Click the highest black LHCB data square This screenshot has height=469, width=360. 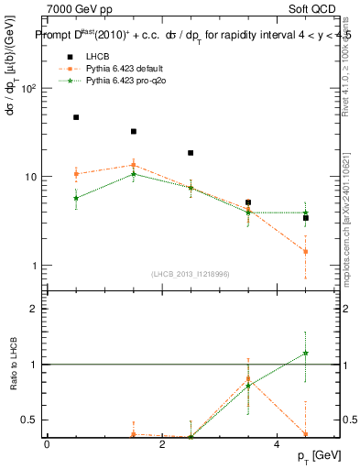[76, 117]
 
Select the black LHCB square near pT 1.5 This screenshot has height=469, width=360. [134, 132]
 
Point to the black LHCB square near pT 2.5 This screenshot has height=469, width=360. [191, 153]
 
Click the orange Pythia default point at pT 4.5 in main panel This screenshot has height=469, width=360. [306, 251]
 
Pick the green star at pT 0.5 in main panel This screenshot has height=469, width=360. [76, 198]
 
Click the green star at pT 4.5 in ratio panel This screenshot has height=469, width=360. [306, 353]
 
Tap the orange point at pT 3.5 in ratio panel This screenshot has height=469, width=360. [248, 378]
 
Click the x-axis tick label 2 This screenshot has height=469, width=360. [161, 445]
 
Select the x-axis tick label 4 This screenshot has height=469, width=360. [277, 445]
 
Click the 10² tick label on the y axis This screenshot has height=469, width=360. [28, 89]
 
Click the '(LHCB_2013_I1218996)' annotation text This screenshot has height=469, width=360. [191, 274]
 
